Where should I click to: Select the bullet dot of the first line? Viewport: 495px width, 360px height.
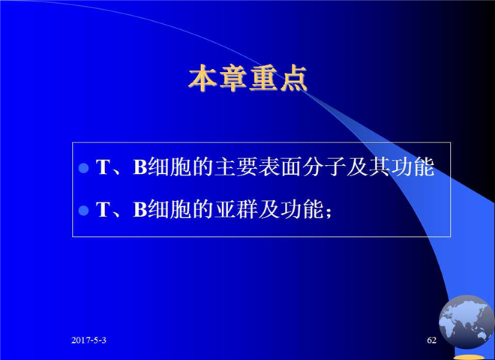pyautogui.click(x=84, y=168)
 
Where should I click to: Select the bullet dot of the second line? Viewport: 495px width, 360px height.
pyautogui.click(x=84, y=210)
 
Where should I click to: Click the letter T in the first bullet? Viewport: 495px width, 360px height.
pyautogui.click(x=102, y=167)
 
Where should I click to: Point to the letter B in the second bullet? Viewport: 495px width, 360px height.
pyautogui.click(x=139, y=209)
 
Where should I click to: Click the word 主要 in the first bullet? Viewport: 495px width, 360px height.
pyautogui.click(x=235, y=166)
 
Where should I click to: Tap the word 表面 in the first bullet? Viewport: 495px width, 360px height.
pyautogui.click(x=280, y=166)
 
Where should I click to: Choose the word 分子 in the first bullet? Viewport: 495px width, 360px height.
pyautogui.click(x=324, y=166)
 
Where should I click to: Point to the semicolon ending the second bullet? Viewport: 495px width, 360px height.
pyautogui.click(x=328, y=213)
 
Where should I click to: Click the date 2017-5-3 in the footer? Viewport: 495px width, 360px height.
pyautogui.click(x=88, y=340)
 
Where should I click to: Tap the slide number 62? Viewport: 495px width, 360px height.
pyautogui.click(x=431, y=340)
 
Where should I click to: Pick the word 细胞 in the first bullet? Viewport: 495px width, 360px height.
pyautogui.click(x=169, y=166)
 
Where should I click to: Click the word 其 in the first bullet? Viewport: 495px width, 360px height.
pyautogui.click(x=379, y=166)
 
